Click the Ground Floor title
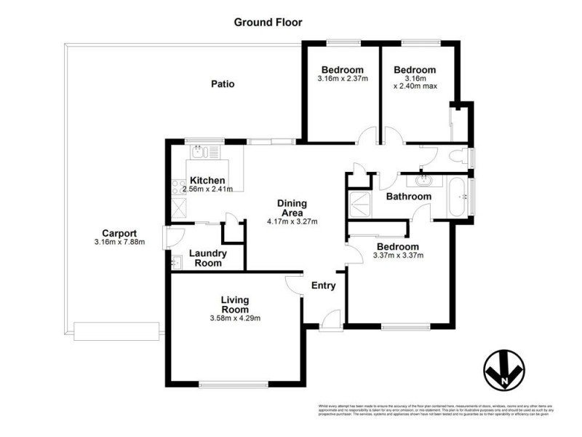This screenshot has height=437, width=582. click(268, 22)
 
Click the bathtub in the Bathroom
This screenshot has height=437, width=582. click(458, 196)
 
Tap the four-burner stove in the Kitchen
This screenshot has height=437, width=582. click(177, 188)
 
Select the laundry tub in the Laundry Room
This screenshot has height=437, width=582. click(175, 261)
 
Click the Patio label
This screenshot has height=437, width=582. click(223, 84)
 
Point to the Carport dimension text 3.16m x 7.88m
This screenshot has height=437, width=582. click(120, 242)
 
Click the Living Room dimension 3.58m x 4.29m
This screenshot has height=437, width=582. click(235, 318)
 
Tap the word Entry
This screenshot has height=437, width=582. click(324, 286)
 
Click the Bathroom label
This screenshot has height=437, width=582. click(408, 197)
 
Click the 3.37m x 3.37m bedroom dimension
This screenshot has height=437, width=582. click(398, 256)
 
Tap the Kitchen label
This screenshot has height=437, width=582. click(207, 180)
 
